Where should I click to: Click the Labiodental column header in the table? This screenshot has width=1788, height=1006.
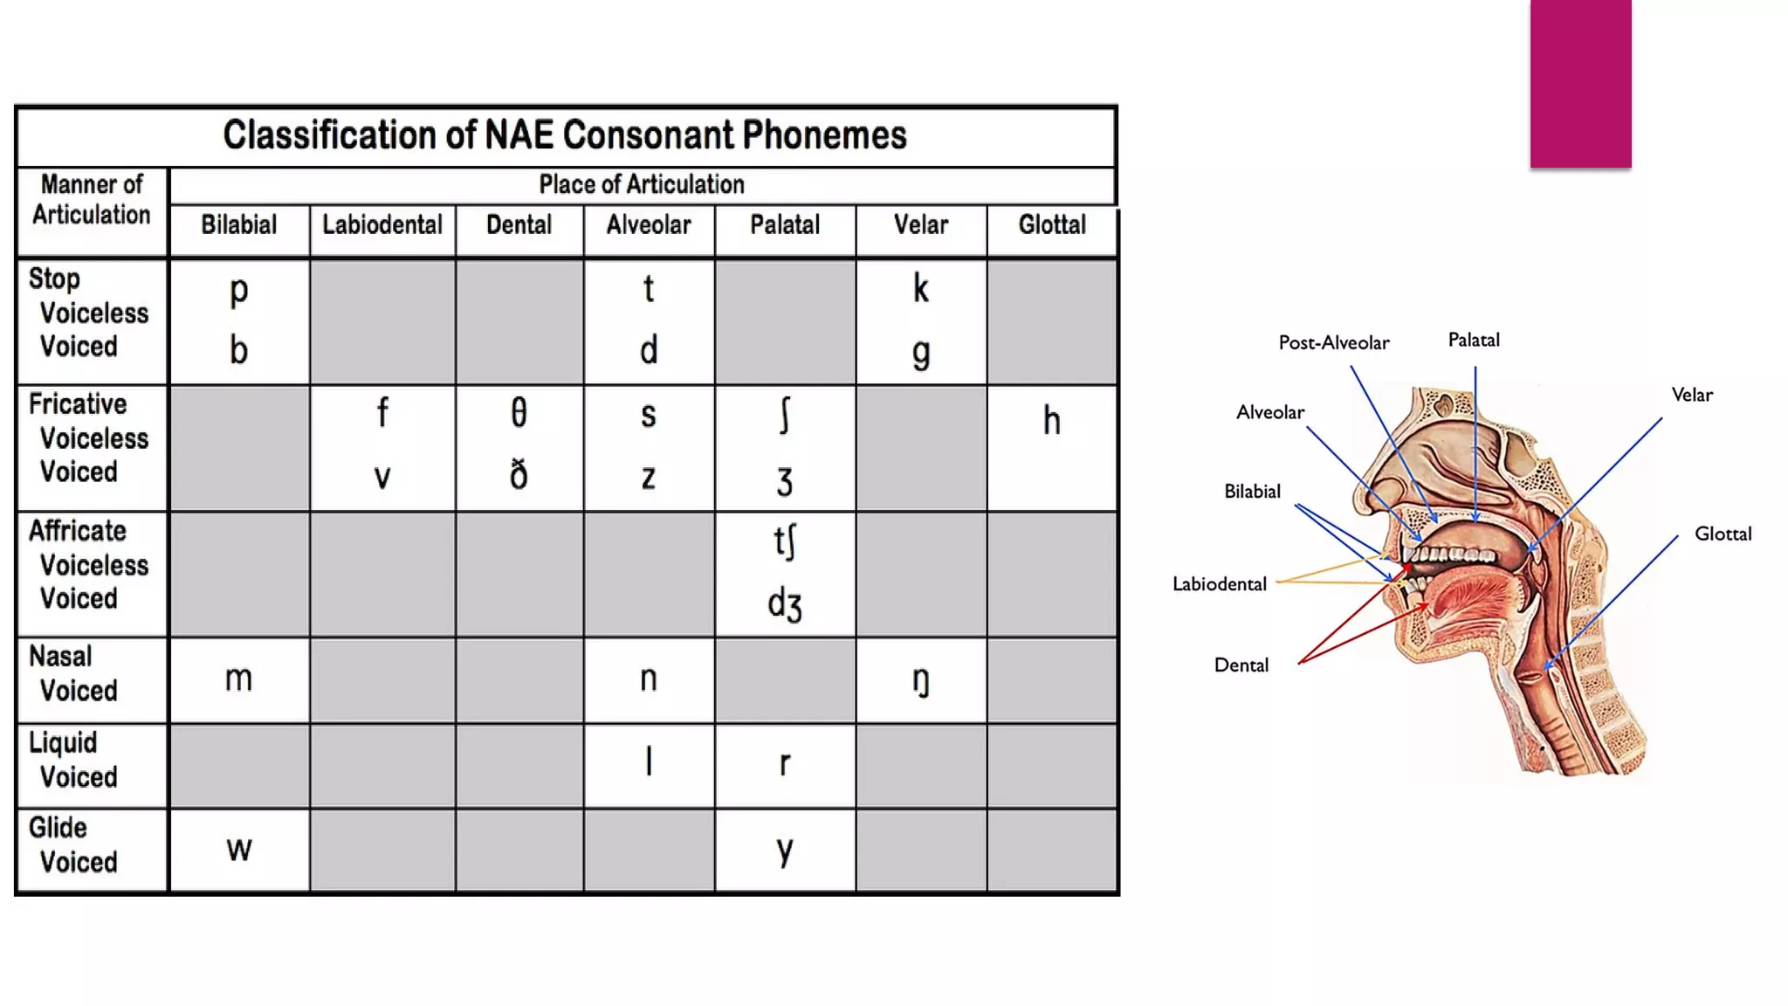point(382,225)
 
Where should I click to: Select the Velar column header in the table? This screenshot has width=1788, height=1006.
point(920,225)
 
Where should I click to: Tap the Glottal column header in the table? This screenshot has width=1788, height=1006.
point(1052,225)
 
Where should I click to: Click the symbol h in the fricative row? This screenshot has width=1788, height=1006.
point(1052,421)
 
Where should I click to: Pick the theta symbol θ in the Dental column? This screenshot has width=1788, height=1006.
point(519,412)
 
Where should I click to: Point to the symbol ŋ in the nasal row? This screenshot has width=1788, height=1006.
point(920,680)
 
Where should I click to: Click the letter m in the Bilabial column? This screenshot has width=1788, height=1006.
point(238,679)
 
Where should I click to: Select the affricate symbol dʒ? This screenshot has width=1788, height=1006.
point(784,604)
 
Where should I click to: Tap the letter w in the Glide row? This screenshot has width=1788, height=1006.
point(238,849)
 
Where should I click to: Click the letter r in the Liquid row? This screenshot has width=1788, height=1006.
point(784,763)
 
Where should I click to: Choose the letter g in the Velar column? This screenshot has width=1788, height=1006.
point(920,352)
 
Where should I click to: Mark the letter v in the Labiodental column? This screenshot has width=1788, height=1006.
point(382,477)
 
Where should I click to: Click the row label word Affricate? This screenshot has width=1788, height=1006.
point(78,531)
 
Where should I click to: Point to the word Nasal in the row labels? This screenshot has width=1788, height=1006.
point(60,657)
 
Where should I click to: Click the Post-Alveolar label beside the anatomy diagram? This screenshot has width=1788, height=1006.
point(1333,343)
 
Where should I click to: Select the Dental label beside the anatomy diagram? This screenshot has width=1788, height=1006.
point(1241,665)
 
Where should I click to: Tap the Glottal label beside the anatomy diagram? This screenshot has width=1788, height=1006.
point(1723,534)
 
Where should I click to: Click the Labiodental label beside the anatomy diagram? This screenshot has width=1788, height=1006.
point(1219,584)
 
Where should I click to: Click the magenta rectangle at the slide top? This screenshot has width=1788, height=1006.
point(1580,83)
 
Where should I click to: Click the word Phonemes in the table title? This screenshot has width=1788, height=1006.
point(824,135)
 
